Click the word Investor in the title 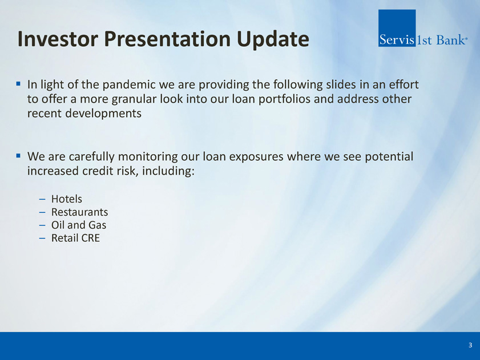coord(58,39)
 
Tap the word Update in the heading coord(273,40)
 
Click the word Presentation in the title coord(167,39)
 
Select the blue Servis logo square coord(397,28)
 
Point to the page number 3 coord(470,345)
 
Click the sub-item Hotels coord(66,199)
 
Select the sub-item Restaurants coord(79,212)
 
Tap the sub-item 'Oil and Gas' coord(79,225)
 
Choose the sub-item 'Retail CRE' coord(75,238)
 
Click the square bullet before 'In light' coord(18,83)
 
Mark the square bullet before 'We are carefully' coord(18,156)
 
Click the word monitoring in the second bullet coord(148,157)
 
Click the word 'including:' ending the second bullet coord(168,171)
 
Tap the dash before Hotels coord(42,200)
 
